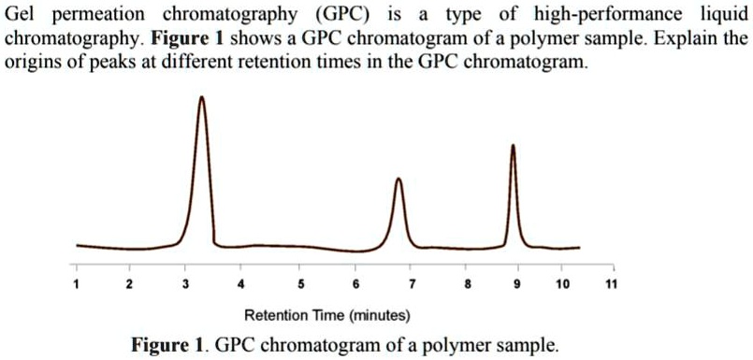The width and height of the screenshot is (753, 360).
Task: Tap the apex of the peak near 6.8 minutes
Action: pyautogui.click(x=398, y=179)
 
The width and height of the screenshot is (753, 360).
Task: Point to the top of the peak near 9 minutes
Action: pyautogui.click(x=513, y=145)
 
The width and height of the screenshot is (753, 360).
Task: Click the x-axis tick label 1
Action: pyautogui.click(x=77, y=284)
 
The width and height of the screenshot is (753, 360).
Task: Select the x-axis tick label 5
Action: pyautogui.click(x=299, y=284)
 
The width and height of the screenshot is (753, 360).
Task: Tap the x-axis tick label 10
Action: pyautogui.click(x=561, y=284)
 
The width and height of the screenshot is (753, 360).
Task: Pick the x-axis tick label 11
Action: pyautogui.click(x=609, y=284)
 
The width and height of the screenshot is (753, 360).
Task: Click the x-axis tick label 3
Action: pyautogui.click(x=186, y=284)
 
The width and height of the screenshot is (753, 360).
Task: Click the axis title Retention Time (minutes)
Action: pyautogui.click(x=326, y=315)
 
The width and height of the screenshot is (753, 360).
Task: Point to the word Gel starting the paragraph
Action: pyautogui.click(x=21, y=16)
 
